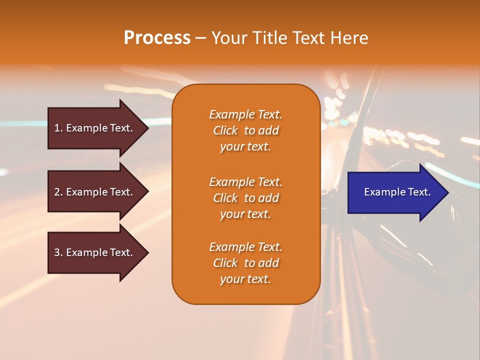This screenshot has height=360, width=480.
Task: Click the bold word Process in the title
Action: (157, 38)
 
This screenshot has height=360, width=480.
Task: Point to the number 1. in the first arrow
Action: (58, 128)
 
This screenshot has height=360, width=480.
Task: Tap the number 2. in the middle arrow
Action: (58, 192)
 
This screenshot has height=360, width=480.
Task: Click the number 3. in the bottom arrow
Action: (58, 252)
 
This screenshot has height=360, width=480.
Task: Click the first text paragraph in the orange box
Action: (245, 130)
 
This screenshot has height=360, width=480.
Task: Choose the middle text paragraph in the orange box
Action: (245, 198)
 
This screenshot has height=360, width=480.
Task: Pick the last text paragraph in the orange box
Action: (245, 263)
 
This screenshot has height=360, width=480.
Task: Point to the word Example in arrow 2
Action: (86, 192)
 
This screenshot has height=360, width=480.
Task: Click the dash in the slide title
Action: (200, 38)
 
